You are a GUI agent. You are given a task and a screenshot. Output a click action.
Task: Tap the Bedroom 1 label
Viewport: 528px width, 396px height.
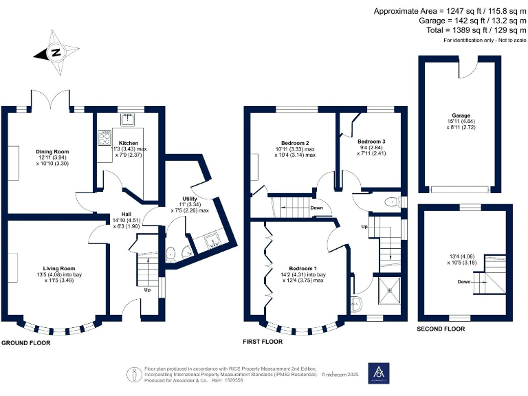302,267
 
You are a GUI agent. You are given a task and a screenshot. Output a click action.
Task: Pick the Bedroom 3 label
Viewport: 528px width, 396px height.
371,142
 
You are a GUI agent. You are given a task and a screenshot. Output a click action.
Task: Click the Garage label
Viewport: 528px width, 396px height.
460,115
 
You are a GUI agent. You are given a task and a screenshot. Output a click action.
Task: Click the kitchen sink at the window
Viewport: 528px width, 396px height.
128,121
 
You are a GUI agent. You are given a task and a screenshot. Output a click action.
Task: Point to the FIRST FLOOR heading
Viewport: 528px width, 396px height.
263,341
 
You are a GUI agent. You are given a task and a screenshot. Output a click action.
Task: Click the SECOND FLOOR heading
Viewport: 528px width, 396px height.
441,329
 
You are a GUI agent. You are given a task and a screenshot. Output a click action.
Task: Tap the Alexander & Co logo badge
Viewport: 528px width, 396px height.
378,373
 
